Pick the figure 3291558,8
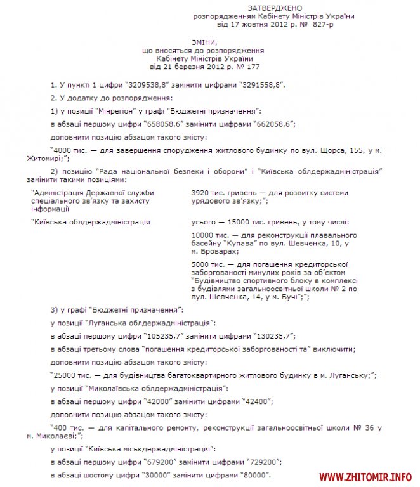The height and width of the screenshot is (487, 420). click(260, 84)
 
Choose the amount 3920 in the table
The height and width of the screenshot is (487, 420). click(200, 191)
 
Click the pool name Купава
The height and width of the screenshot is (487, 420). click(240, 243)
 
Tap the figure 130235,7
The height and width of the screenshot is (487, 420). click(269, 335)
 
